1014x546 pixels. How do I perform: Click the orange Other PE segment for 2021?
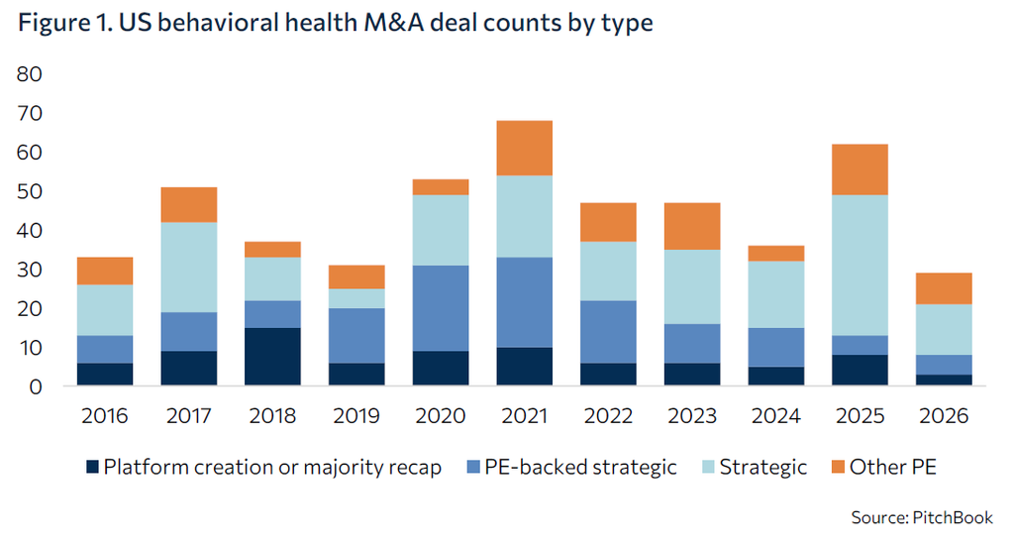coord(525,149)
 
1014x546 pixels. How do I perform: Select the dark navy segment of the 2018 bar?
coord(272,357)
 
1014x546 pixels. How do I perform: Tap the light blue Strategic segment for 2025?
coord(860,266)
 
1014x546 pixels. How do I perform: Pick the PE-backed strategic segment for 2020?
coord(441,308)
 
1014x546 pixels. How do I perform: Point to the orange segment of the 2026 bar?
coord(944,288)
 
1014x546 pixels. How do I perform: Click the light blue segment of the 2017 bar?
coord(189,268)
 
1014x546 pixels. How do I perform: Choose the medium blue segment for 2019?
coord(356,336)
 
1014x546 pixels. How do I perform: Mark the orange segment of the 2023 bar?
coord(692,226)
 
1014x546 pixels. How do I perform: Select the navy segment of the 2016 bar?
coord(105,375)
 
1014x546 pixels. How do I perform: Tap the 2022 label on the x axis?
coord(608,415)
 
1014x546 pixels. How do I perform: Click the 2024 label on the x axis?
coord(776,415)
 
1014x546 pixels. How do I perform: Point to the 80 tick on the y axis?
coord(29,74)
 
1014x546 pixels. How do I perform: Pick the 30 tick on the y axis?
coord(29,270)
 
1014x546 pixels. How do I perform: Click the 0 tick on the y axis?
coord(36,386)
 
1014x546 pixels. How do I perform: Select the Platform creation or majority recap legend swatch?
coord(92,467)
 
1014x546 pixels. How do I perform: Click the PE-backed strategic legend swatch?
coord(473,467)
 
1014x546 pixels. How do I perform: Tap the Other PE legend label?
coord(892,467)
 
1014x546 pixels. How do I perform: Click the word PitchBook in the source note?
coord(953,517)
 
